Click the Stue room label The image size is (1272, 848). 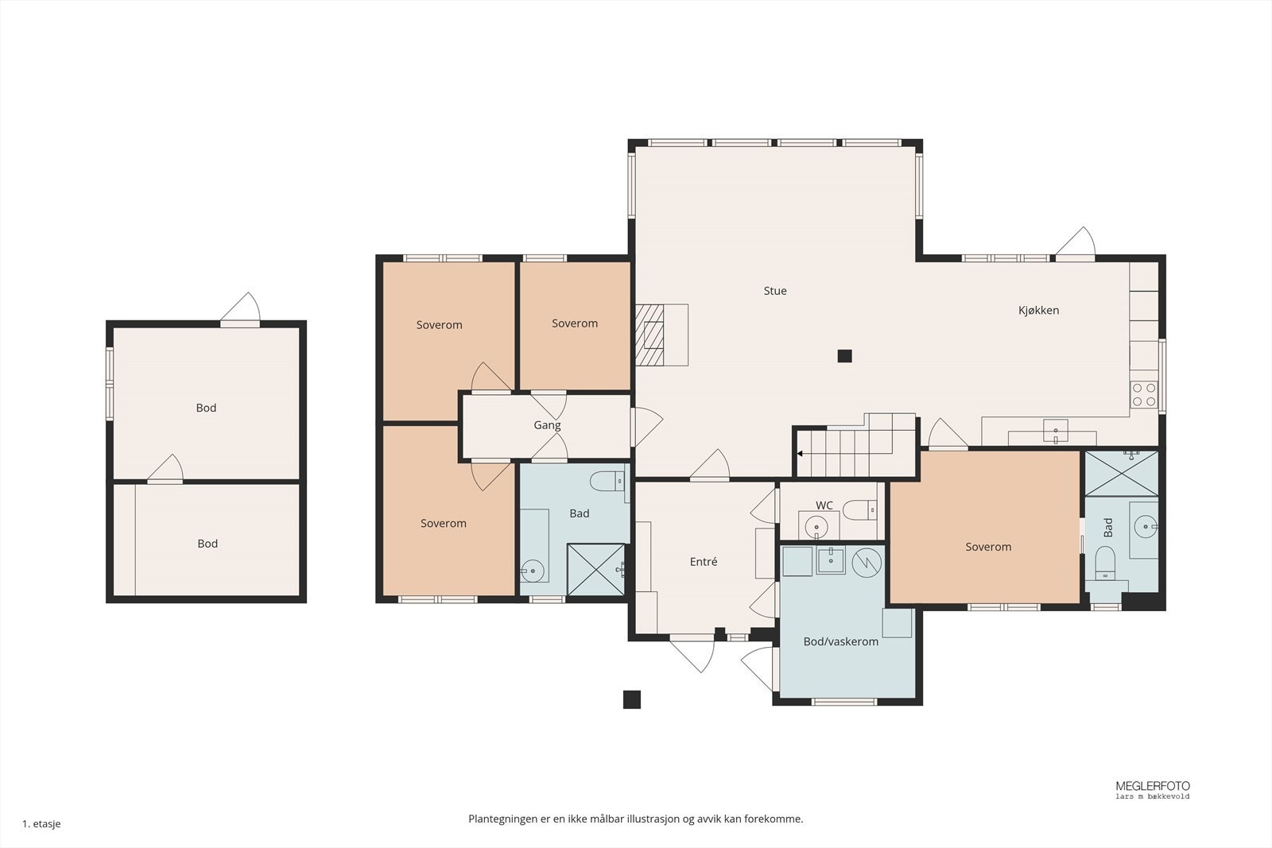pyautogui.click(x=775, y=291)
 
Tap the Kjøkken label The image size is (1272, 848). pyautogui.click(x=1038, y=311)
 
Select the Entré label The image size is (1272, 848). pyautogui.click(x=704, y=562)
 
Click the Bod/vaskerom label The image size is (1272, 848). pyautogui.click(x=840, y=641)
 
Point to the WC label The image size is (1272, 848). pyautogui.click(x=824, y=505)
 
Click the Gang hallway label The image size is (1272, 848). pyautogui.click(x=547, y=425)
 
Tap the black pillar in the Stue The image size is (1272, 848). pyautogui.click(x=844, y=356)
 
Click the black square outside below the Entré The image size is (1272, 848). pyautogui.click(x=632, y=699)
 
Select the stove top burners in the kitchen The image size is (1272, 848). pyautogui.click(x=1144, y=395)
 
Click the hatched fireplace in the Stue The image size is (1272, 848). pyautogui.click(x=649, y=335)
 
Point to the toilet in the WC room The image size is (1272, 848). pyautogui.click(x=859, y=509)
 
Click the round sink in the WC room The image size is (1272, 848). pyautogui.click(x=816, y=527)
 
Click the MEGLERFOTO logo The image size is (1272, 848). pyautogui.click(x=1152, y=789)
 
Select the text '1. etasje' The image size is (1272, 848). pyautogui.click(x=41, y=823)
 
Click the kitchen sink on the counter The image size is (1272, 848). pyautogui.click(x=1055, y=431)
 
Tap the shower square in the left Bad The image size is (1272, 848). pyautogui.click(x=596, y=569)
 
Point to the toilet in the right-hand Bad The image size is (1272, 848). pyautogui.click(x=1105, y=563)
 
